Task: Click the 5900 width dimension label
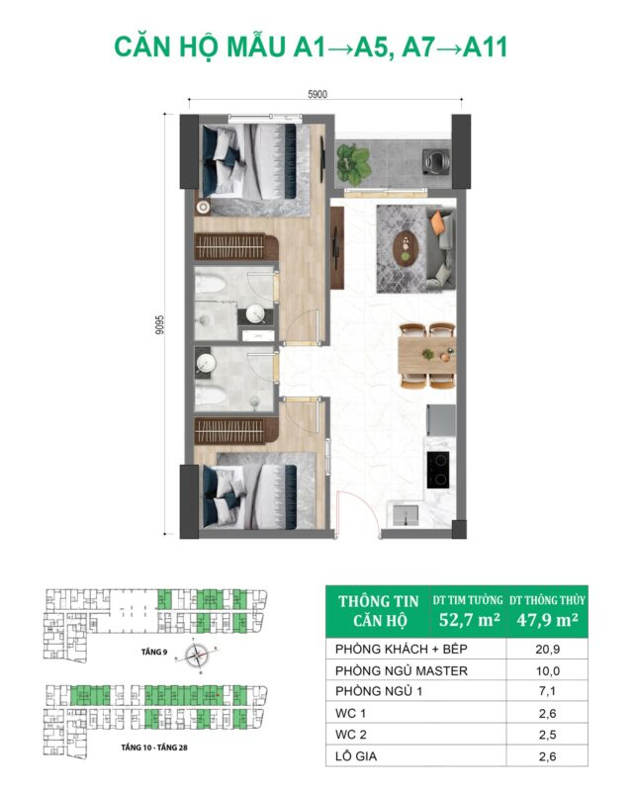(317, 94)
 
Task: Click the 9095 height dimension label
(160, 325)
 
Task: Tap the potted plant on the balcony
(353, 160)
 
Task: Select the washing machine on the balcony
(436, 161)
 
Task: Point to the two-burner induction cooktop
(437, 470)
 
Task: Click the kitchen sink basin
(406, 513)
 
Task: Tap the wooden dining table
(426, 355)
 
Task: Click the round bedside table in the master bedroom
(204, 207)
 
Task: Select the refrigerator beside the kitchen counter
(441, 419)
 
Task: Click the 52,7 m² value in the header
(469, 620)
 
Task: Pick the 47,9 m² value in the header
(547, 620)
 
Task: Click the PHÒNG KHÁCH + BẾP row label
(402, 650)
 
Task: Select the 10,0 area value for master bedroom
(547, 671)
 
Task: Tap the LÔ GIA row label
(356, 756)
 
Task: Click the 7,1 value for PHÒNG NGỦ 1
(547, 691)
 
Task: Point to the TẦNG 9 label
(154, 653)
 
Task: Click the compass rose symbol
(197, 656)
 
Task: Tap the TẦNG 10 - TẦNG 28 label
(154, 747)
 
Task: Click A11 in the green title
(485, 47)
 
